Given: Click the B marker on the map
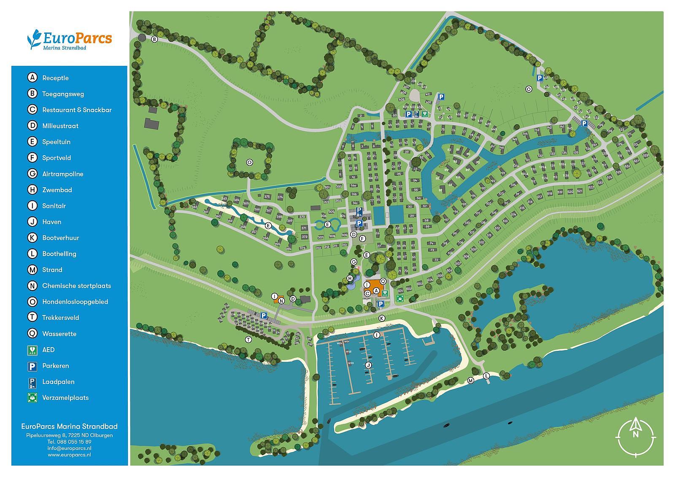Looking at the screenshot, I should tap(154, 39).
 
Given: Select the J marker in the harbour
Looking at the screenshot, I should tap(368, 365).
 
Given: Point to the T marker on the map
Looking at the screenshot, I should tap(248, 340).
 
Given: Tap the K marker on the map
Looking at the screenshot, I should tap(382, 318).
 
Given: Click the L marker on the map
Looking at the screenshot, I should tap(486, 375).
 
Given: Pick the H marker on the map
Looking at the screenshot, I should tap(350, 278).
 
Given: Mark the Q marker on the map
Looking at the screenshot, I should tap(383, 281).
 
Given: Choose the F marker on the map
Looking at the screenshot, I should tap(362, 238).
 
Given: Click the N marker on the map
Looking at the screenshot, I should tap(281, 300).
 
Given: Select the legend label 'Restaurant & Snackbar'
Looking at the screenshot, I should tap(77, 110).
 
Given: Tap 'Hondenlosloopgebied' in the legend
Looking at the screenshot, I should tap(75, 302).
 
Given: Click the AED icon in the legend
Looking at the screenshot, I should tap(32, 350).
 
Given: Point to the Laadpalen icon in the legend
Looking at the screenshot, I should tap(32, 382).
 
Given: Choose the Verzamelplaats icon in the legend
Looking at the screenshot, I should tap(32, 398).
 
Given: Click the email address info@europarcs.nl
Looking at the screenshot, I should tap(70, 448).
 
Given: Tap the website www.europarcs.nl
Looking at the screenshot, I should tap(70, 455).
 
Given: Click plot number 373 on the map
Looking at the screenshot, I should tap(302, 248).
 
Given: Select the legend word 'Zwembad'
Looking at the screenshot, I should tap(57, 190).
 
